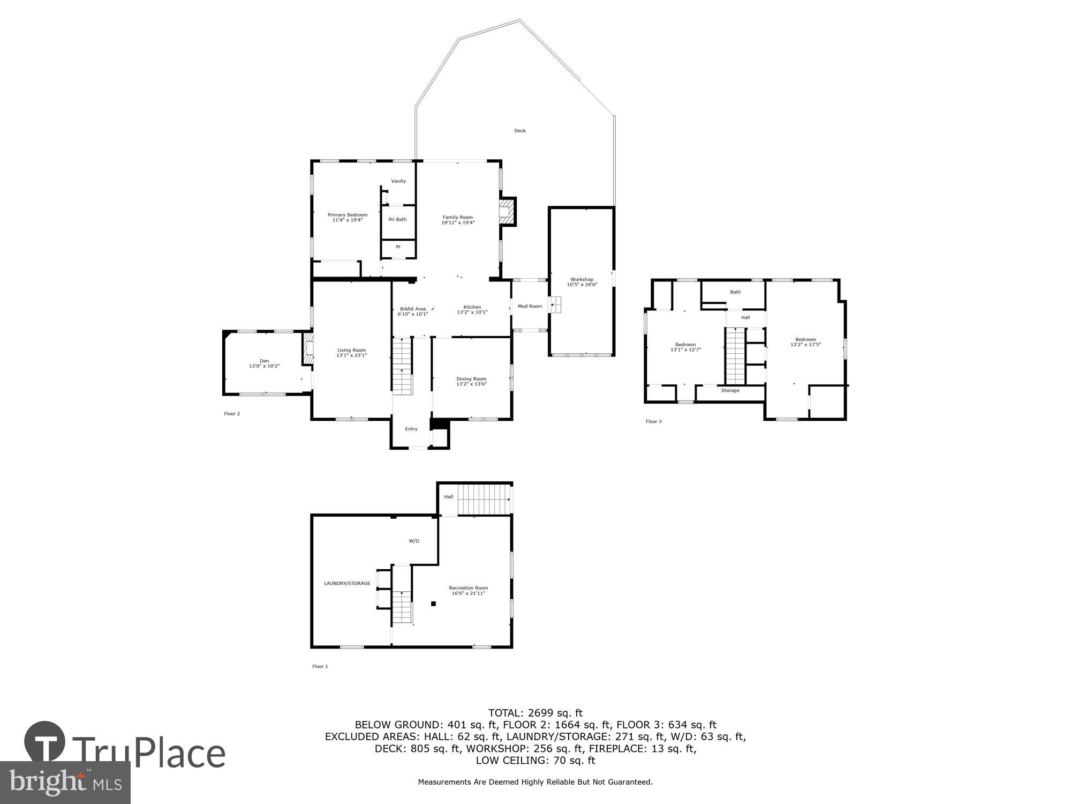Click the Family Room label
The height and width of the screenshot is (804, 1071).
[x=458, y=220]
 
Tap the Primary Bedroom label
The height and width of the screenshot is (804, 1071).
[x=348, y=217]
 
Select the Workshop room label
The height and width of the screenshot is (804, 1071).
[x=582, y=282]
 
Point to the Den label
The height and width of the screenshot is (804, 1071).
[x=264, y=363]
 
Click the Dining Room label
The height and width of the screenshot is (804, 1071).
[x=471, y=381]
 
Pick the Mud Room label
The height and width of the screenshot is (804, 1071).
[x=530, y=306]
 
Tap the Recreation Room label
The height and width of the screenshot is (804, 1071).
[x=468, y=590]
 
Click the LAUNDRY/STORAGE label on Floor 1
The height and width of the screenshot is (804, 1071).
[x=347, y=583]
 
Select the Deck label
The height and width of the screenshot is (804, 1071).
[x=519, y=131]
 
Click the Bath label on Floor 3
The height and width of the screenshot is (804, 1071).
[x=735, y=292]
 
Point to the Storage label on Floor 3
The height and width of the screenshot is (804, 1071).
[x=730, y=390]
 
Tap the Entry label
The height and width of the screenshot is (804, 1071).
[x=411, y=429]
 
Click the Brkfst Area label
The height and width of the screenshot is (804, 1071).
[x=412, y=311]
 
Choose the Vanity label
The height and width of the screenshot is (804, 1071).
[x=398, y=181]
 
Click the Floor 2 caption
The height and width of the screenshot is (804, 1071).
[x=232, y=414]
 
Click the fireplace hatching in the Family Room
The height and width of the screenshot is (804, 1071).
[x=505, y=211]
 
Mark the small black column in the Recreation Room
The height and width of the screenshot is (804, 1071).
[x=434, y=604]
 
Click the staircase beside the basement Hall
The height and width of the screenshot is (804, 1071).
[x=484, y=498]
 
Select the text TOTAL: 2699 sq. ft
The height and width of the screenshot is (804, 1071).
[x=535, y=713]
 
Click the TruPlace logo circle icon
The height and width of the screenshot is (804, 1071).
[x=45, y=742]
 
